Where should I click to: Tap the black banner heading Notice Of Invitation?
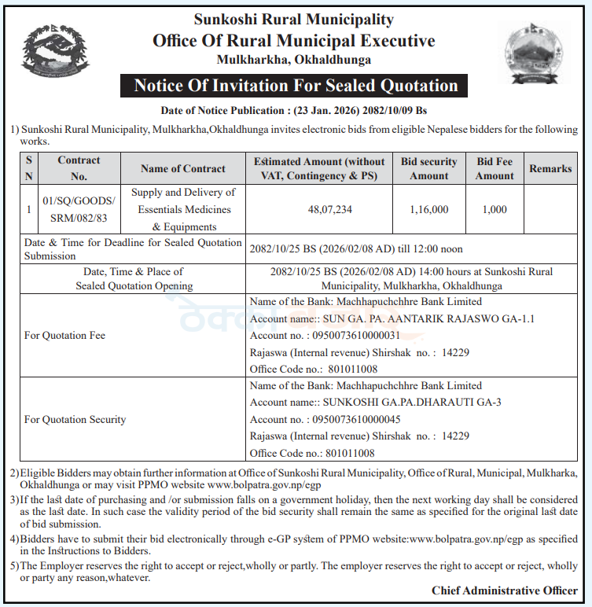295,86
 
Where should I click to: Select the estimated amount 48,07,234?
319,210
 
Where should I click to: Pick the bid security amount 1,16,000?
428,210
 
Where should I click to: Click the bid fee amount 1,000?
495,210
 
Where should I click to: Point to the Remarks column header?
550,168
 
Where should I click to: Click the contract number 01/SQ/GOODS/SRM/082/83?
79,210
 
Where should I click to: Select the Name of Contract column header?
183,168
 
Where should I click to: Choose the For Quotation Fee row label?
64,336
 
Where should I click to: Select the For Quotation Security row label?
75,420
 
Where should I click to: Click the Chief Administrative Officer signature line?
504,590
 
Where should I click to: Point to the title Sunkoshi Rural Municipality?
295,19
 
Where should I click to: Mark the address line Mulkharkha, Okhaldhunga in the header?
295,60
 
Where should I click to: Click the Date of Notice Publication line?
295,110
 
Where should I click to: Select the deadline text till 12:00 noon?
434,248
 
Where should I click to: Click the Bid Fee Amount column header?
495,168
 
